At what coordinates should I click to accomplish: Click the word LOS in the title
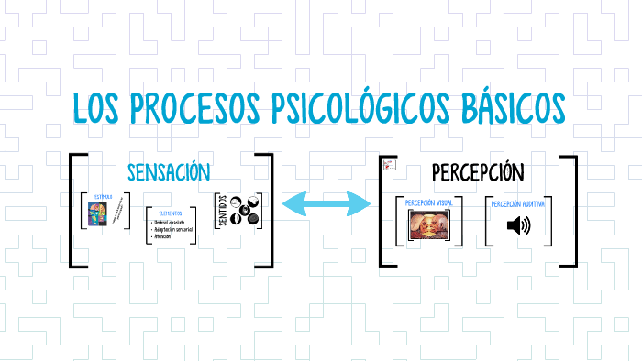click(x=98, y=109)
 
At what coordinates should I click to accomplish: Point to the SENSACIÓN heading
click(x=169, y=171)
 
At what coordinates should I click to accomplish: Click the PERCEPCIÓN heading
click(x=477, y=172)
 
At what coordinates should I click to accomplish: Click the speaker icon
click(x=519, y=225)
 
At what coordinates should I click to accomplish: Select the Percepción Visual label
click(x=428, y=202)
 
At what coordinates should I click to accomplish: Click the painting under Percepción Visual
click(x=428, y=226)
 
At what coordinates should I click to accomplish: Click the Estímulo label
click(x=102, y=197)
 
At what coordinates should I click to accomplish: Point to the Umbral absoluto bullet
click(x=174, y=223)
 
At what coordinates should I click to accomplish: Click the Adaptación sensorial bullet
click(x=180, y=229)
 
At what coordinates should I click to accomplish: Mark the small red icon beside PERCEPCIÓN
click(x=388, y=165)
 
